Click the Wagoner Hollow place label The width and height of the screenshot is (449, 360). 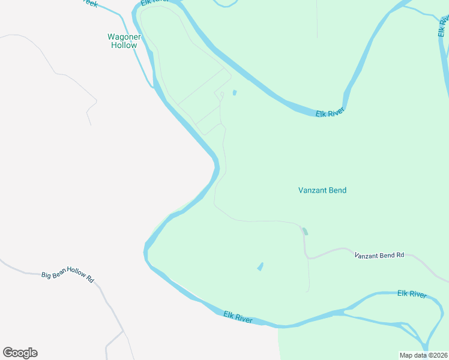point(124,41)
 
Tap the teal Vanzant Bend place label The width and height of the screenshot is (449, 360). point(322,190)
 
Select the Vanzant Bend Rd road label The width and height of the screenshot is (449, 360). point(379,255)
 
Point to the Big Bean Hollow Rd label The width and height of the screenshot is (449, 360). point(68,274)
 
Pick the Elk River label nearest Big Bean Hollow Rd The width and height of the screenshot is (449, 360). point(238,316)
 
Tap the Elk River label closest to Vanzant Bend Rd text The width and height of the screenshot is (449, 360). point(412,294)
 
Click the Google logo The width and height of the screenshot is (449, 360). point(20,353)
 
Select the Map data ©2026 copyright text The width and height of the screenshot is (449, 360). point(424,355)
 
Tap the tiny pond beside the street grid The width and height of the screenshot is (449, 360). point(234,92)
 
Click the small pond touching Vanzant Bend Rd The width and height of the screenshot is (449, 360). point(305,232)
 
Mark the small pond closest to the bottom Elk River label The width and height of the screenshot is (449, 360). point(260,266)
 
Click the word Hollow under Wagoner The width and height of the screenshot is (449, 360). point(124,45)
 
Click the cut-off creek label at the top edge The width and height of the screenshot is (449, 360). point(90,3)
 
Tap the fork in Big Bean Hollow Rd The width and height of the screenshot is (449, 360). point(123,331)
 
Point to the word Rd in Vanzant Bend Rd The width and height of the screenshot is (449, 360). point(400,255)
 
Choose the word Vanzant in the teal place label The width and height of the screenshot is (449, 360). point(312,190)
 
